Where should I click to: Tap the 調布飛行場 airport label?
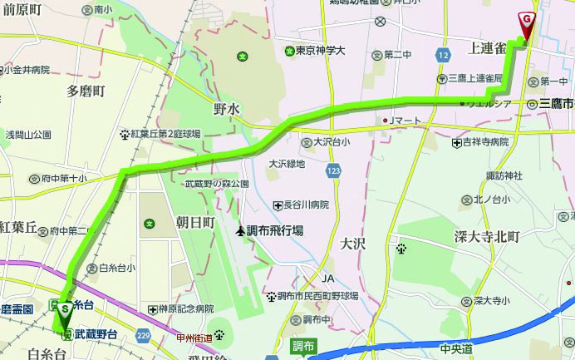point(273,230)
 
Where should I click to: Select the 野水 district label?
point(227,109)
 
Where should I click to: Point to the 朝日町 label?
point(196,223)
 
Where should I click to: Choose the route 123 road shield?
point(333,170)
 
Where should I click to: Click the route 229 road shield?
point(143,335)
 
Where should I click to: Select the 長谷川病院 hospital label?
point(306,205)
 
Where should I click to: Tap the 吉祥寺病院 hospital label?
point(485,143)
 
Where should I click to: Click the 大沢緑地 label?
point(287,164)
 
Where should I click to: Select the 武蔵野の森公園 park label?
point(217,184)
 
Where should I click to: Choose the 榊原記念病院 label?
point(187,308)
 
